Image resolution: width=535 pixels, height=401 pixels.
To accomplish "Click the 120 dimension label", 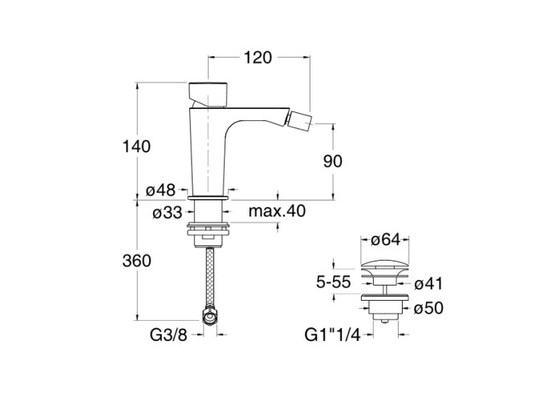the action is click(258, 58).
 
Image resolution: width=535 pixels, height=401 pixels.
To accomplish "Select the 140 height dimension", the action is click(136, 147).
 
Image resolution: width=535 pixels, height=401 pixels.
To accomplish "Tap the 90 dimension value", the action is click(333, 161).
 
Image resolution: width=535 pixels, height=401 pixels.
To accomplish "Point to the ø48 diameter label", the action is click(160, 190).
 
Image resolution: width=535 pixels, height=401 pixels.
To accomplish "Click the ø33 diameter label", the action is click(168, 213).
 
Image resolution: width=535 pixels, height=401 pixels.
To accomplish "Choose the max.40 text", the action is click(277, 211).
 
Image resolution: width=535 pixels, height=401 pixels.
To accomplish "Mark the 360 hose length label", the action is click(136, 261).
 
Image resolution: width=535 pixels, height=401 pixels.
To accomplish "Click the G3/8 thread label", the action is click(168, 335).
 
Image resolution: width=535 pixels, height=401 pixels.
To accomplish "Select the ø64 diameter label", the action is click(385, 240).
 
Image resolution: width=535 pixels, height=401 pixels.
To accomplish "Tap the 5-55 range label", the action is click(334, 282).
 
